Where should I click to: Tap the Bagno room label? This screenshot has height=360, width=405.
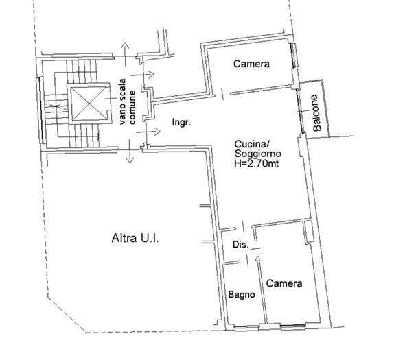pos(242,295)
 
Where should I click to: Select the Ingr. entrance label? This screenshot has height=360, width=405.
pos(182,122)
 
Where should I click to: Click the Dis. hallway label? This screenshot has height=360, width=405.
pos(240,244)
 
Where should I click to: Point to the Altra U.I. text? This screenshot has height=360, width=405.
pos(135,238)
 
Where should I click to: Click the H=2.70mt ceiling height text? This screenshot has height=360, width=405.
pos(257,164)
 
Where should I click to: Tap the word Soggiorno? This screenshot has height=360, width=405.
pos(258,154)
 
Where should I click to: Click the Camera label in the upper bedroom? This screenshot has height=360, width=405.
pos(251,64)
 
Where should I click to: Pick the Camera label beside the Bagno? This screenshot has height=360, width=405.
pos(284,283)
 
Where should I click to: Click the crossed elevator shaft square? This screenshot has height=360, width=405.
pos(89,104)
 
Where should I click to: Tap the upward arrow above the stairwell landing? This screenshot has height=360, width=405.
pos(125,54)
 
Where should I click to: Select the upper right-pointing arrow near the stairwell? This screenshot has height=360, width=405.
pos(142,75)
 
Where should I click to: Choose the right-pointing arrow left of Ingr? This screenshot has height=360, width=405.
pos(148,132)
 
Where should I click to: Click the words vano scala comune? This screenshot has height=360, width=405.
pos(128,101)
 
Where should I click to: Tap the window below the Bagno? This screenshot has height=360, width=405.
pos(246,328)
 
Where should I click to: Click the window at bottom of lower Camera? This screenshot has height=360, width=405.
pos(293,327)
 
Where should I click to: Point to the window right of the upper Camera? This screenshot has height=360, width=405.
pos(293,56)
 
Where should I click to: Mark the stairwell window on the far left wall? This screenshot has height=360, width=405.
pos(40,110)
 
